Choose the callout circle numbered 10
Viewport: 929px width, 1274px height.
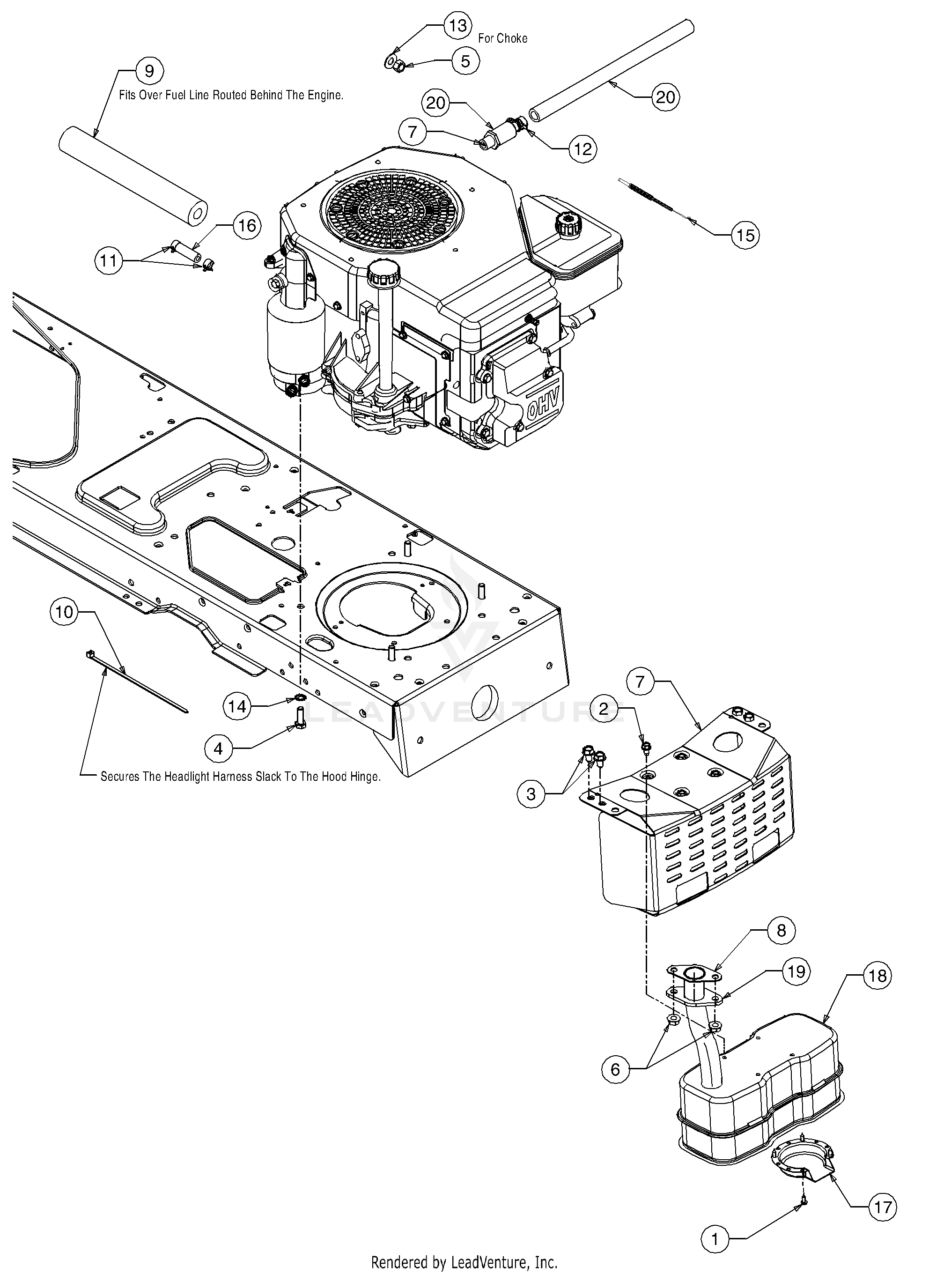click(65, 611)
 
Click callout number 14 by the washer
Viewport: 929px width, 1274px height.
click(237, 705)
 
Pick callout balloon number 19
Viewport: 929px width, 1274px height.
click(797, 971)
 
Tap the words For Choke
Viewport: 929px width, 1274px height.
click(503, 38)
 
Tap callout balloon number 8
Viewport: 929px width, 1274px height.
click(782, 930)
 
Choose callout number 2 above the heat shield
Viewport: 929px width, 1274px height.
click(604, 709)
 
